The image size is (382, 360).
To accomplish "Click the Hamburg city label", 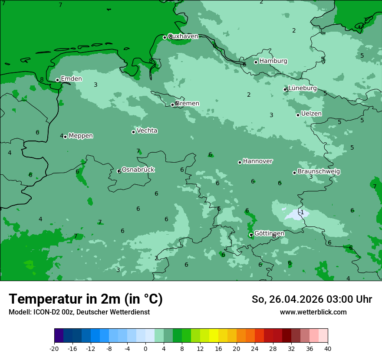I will pyautogui.click(x=273, y=61).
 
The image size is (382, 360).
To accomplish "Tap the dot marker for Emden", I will pyautogui.click(x=57, y=80).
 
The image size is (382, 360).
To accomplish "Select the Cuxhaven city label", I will pyautogui.click(x=183, y=36).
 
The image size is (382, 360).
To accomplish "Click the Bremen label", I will pyautogui.click(x=187, y=104).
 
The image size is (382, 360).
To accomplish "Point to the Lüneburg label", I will pyautogui.click(x=302, y=88).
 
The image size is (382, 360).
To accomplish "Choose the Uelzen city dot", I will pyautogui.click(x=298, y=115).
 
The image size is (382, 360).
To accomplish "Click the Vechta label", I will pyautogui.click(x=147, y=131).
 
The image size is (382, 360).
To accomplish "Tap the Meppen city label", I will pyautogui.click(x=80, y=136).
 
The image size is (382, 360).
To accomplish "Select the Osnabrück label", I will pyautogui.click(x=138, y=170).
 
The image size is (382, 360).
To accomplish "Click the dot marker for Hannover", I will pyautogui.click(x=240, y=162).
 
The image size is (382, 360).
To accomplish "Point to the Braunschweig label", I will pyautogui.click(x=319, y=171).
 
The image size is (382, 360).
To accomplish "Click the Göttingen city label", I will pyautogui.click(x=269, y=233).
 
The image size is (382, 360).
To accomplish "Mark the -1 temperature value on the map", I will pyautogui.click(x=301, y=212).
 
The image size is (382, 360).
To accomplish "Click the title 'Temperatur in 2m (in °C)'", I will pyautogui.click(x=86, y=299).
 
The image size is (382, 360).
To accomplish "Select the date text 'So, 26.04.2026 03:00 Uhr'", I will pyautogui.click(x=312, y=299).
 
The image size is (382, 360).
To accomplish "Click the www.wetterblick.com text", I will pyautogui.click(x=313, y=312).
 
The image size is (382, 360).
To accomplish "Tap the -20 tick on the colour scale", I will pyautogui.click(x=54, y=348).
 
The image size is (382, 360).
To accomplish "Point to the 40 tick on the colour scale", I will pyautogui.click(x=327, y=348).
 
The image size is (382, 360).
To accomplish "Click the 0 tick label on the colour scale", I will pyautogui.click(x=145, y=348).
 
